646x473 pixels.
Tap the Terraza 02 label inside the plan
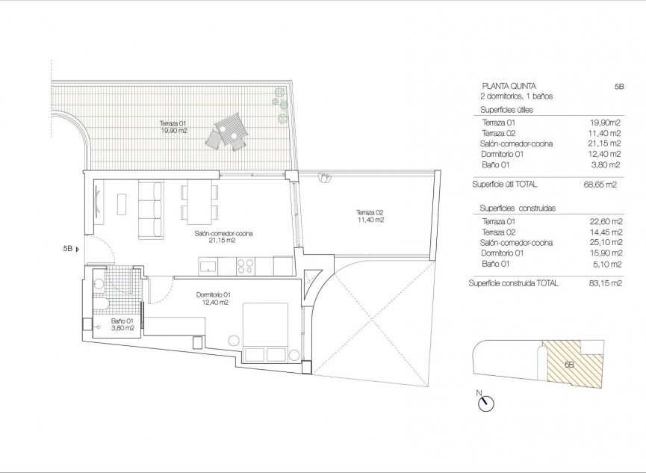pyautogui.click(x=370, y=216)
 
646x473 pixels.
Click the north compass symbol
pyautogui.click(x=486, y=404)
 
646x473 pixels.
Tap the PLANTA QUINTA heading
pyautogui.click(x=509, y=87)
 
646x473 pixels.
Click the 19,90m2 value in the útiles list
pyautogui.click(x=605, y=123)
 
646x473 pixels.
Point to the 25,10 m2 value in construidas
pyautogui.click(x=605, y=243)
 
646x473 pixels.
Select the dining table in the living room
pyautogui.click(x=199, y=203)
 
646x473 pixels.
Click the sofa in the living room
pyautogui.click(x=150, y=209)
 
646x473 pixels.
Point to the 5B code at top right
pyautogui.click(x=619, y=87)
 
